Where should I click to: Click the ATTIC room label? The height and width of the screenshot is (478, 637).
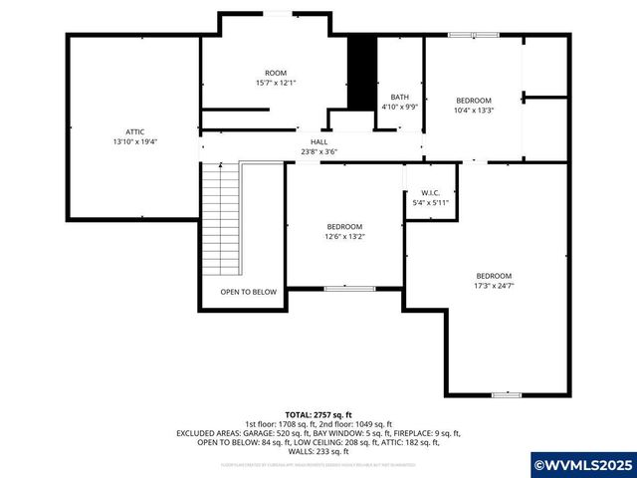pos(134,130)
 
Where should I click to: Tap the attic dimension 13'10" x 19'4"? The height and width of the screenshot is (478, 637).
pos(134,141)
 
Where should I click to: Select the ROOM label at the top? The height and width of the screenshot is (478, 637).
pos(275,73)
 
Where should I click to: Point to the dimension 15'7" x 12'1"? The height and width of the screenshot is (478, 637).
pos(275,83)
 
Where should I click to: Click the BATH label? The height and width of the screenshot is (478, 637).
pos(399,97)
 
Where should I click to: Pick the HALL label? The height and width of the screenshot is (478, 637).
pos(318,142)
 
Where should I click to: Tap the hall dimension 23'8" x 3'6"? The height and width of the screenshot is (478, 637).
pos(318,152)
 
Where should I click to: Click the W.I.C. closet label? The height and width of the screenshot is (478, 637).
pos(430,192)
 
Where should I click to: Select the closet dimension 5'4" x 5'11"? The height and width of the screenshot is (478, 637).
pos(430,202)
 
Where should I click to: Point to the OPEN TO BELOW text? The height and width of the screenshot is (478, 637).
pos(248,292)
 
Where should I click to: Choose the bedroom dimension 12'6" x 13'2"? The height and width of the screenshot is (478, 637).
pos(343,237)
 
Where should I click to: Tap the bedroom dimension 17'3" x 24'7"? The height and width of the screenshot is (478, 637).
pos(494,286)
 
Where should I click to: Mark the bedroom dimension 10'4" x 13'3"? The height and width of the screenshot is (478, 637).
pos(474,111)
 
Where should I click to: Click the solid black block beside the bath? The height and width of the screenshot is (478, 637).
pos(359,75)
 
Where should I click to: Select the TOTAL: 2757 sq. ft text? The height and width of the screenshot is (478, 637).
pos(318,414)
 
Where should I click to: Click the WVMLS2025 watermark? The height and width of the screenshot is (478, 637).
pos(583,465)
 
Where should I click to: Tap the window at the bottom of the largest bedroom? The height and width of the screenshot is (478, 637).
pos(507,395)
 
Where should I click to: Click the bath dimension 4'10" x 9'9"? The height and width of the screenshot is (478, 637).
pos(399,107)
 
